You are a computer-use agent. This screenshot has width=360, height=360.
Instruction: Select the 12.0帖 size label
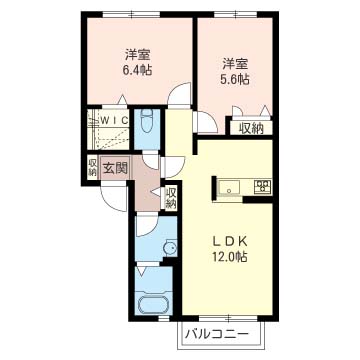(x=229, y=257)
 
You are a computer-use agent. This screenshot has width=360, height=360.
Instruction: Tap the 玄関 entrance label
(x=114, y=167)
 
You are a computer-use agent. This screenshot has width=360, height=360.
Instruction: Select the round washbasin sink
(x=168, y=246)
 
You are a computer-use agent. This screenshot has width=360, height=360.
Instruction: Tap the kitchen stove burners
(x=263, y=186)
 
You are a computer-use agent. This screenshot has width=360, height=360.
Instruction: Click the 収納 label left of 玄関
(x=92, y=167)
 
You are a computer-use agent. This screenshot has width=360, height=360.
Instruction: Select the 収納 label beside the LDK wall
(x=171, y=197)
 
